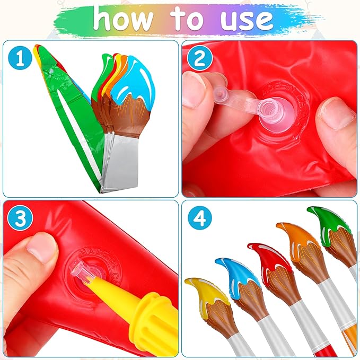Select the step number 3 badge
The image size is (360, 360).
(x=20, y=219)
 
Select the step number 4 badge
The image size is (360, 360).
(x=200, y=219)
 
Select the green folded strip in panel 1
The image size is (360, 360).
(x=80, y=117)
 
